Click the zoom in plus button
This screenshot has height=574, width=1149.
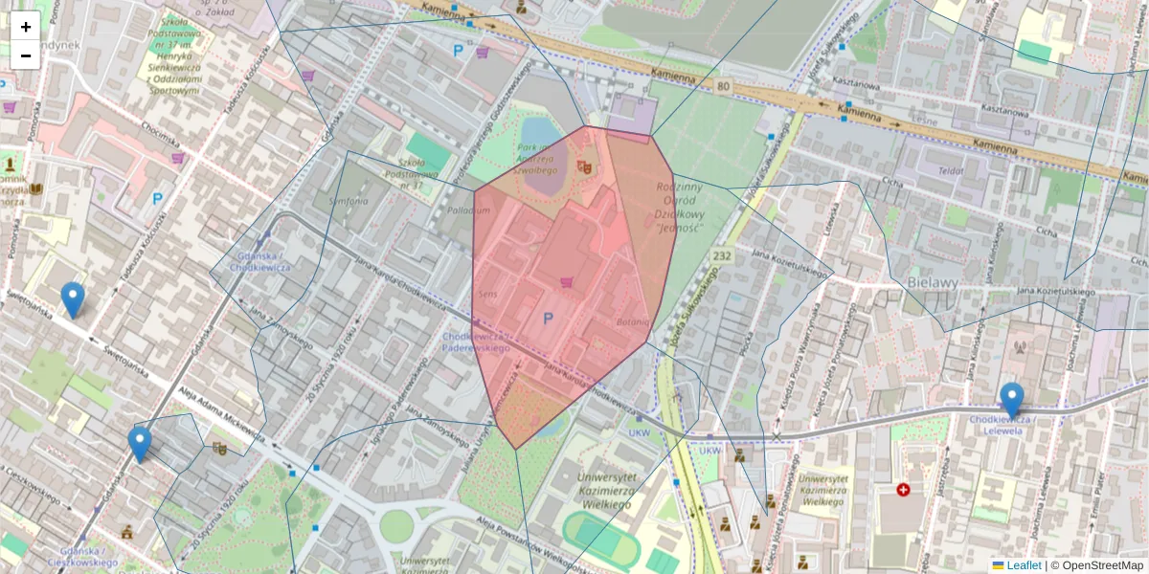point(26,27)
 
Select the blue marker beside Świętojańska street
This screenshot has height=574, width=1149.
point(73,299)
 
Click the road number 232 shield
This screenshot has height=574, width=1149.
point(722,256)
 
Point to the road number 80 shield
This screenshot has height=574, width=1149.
point(722,86)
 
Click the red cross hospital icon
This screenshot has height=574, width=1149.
point(903,490)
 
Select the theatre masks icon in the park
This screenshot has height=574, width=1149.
point(585,166)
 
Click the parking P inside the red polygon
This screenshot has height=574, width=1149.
point(549,318)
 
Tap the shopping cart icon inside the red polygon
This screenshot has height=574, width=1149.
point(566,281)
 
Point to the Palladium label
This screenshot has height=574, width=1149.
point(468,210)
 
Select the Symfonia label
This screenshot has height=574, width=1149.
point(349,202)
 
